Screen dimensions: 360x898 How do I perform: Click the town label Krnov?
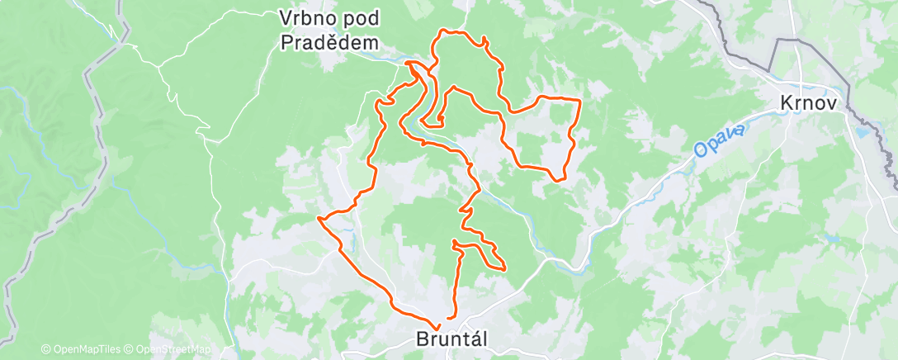(x=809, y=104)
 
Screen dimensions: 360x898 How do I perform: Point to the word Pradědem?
(x=330, y=43)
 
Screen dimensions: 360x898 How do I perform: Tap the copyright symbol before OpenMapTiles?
(x=45, y=349)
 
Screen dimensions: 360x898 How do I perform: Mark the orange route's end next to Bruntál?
(x=448, y=318)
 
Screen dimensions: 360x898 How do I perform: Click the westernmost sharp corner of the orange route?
(x=319, y=218)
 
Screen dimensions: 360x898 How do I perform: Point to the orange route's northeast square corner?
(x=580, y=100)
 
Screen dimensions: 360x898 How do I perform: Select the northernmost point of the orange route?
(x=447, y=31)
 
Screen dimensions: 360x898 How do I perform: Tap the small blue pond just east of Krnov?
(x=863, y=130)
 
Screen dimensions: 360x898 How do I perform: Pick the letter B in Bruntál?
(x=423, y=339)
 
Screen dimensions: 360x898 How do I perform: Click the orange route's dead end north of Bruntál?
(x=455, y=241)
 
